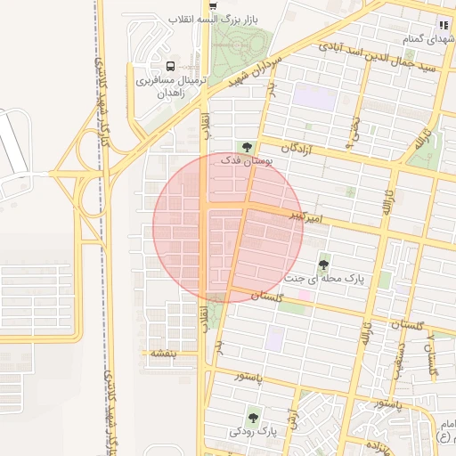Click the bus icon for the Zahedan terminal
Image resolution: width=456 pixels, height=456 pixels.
[x=170, y=66]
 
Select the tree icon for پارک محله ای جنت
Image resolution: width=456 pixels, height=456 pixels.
[x=323, y=265]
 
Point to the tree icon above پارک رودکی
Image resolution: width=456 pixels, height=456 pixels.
[x=254, y=416]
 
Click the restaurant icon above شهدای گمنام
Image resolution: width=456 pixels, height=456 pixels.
[x=443, y=25]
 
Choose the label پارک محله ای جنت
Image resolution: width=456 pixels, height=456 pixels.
[x=324, y=279]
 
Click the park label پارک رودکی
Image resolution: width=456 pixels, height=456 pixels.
[x=254, y=431]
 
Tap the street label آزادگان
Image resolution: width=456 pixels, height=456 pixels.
[x=300, y=150]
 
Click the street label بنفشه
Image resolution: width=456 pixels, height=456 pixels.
[x=164, y=354]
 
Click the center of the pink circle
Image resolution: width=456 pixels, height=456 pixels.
[x=228, y=227]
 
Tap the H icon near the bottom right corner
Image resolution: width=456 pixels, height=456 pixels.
[x=443, y=436]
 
